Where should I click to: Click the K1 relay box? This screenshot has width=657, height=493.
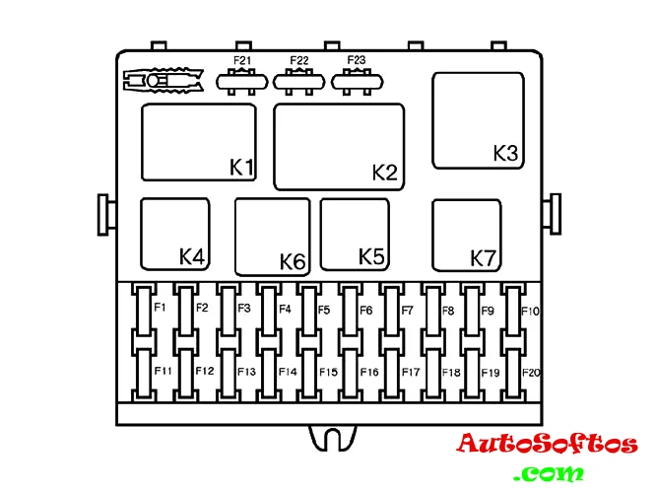[x=199, y=142]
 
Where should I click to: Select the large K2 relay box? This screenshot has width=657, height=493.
[x=339, y=147]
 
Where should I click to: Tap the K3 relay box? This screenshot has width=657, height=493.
[x=478, y=121]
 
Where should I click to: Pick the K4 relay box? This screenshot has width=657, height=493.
[x=175, y=234]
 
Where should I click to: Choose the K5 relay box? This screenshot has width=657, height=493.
[x=355, y=234]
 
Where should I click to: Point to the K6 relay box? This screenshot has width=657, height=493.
[x=272, y=237]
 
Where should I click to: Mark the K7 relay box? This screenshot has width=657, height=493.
[x=467, y=236]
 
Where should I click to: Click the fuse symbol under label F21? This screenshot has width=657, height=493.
[x=241, y=82]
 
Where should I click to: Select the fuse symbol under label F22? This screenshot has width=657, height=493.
[x=298, y=82]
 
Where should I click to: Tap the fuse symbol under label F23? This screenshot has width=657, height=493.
[x=357, y=82]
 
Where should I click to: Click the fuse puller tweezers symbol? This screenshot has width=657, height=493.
[x=164, y=80]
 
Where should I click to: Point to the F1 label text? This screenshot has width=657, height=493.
[x=160, y=308]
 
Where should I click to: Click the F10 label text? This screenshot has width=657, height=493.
[x=530, y=311]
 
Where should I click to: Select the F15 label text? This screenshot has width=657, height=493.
[x=328, y=372]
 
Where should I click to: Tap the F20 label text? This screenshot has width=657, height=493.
[x=531, y=373]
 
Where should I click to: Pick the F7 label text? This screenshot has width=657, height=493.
[x=407, y=310]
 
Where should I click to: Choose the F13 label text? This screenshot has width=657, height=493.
[x=246, y=372]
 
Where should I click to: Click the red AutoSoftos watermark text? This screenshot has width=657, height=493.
[x=548, y=444]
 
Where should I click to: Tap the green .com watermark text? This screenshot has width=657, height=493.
[x=549, y=473]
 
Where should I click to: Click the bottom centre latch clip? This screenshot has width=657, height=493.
[x=332, y=439]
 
